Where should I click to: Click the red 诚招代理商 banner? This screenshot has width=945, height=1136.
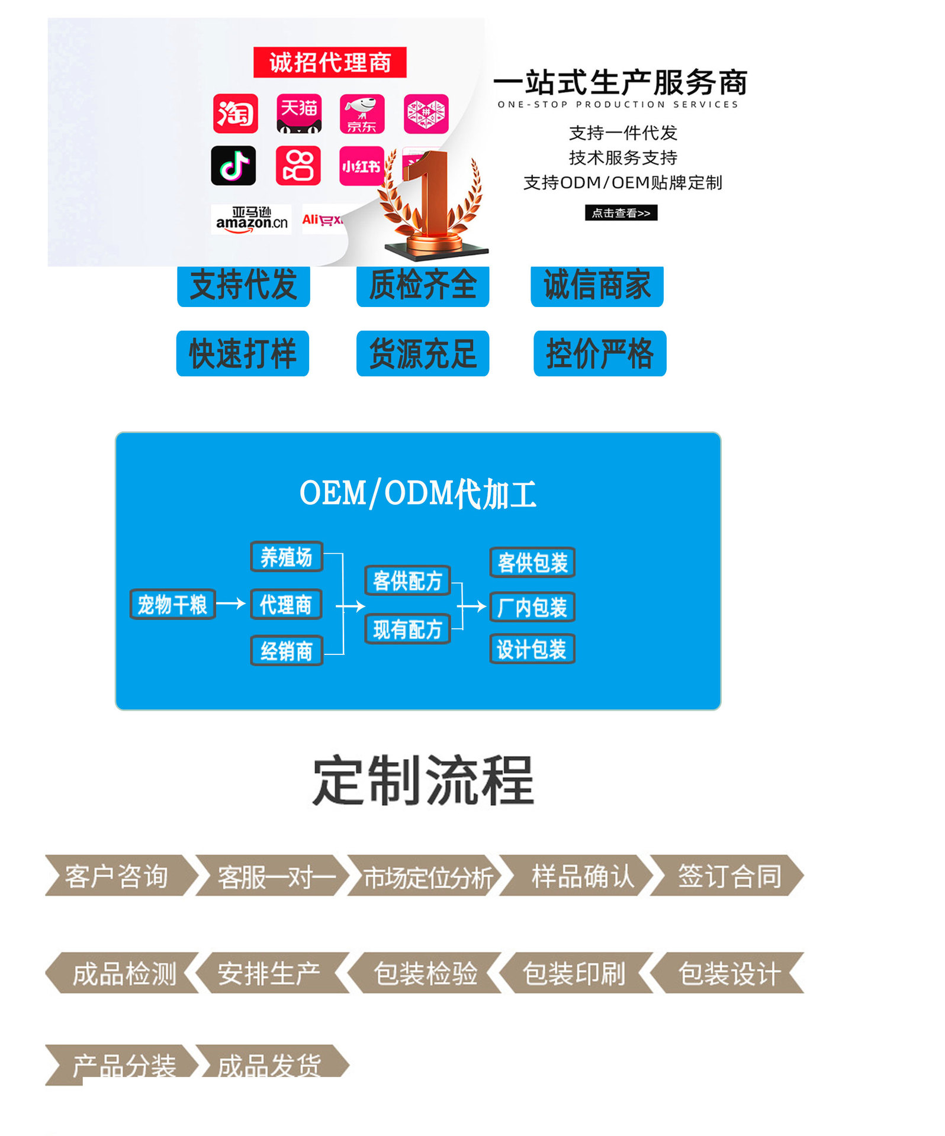pyautogui.click(x=330, y=62)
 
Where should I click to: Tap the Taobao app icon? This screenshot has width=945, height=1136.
pyautogui.click(x=236, y=113)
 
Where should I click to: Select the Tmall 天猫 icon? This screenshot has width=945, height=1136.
pyautogui.click(x=299, y=113)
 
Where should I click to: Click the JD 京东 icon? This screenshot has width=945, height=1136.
pyautogui.click(x=362, y=114)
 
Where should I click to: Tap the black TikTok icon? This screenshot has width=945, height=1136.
pyautogui.click(x=234, y=166)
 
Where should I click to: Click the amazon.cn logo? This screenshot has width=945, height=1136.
pyautogui.click(x=251, y=220)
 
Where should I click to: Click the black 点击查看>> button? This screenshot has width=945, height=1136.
pyautogui.click(x=621, y=213)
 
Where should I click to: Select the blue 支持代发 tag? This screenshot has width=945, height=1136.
pyautogui.click(x=243, y=286)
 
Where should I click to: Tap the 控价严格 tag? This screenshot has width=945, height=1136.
pyautogui.click(x=600, y=354)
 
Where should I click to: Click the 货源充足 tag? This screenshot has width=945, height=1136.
pyautogui.click(x=423, y=354)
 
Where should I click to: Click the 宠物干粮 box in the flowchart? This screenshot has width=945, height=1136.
pyautogui.click(x=172, y=604)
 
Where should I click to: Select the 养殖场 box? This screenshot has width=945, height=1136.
pyautogui.click(x=287, y=557)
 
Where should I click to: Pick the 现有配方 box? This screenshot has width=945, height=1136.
pyautogui.click(x=407, y=629)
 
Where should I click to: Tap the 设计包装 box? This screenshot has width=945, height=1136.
pyautogui.click(x=532, y=649)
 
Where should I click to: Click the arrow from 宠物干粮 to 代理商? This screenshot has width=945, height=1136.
pyautogui.click(x=231, y=603)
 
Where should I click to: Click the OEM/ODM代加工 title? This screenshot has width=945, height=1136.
pyautogui.click(x=418, y=493)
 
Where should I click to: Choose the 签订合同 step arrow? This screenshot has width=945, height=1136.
pyautogui.click(x=728, y=876)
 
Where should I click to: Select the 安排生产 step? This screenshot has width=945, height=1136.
pyautogui.click(x=269, y=973)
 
